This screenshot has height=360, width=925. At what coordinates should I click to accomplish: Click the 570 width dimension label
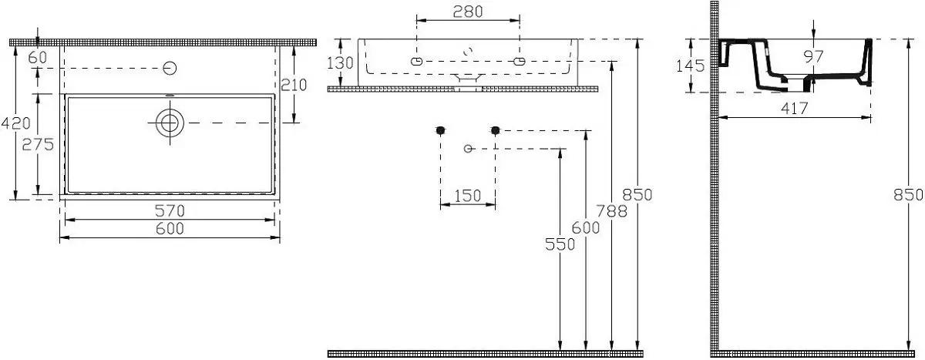170,211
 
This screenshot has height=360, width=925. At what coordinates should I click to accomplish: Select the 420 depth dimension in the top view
15,123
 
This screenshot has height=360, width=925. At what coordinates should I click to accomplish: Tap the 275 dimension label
38,144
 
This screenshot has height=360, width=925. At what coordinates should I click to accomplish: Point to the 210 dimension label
294,85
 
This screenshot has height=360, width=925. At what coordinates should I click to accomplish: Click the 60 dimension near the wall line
38,58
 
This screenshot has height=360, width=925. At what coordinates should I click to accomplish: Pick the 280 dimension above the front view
468,12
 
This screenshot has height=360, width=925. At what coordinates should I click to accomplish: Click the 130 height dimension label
340,63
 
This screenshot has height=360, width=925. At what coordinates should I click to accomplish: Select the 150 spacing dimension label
467,196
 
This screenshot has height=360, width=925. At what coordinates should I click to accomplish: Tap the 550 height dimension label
560,244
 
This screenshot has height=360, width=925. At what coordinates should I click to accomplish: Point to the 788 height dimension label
611,211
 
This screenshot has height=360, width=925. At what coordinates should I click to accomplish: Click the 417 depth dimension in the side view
795,109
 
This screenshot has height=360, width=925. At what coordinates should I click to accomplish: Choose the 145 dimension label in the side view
690,66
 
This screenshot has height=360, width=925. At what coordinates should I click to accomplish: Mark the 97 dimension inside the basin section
813,56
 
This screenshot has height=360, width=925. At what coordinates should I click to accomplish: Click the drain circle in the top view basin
170,123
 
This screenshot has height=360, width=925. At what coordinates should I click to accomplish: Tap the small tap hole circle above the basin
170,68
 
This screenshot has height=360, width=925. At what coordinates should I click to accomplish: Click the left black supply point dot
440,130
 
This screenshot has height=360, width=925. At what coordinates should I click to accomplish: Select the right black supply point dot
496,130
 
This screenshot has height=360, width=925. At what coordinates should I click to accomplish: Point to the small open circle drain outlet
468,149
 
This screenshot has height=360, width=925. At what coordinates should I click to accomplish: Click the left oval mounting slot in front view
417,62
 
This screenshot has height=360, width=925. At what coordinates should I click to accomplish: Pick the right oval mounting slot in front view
519,62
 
